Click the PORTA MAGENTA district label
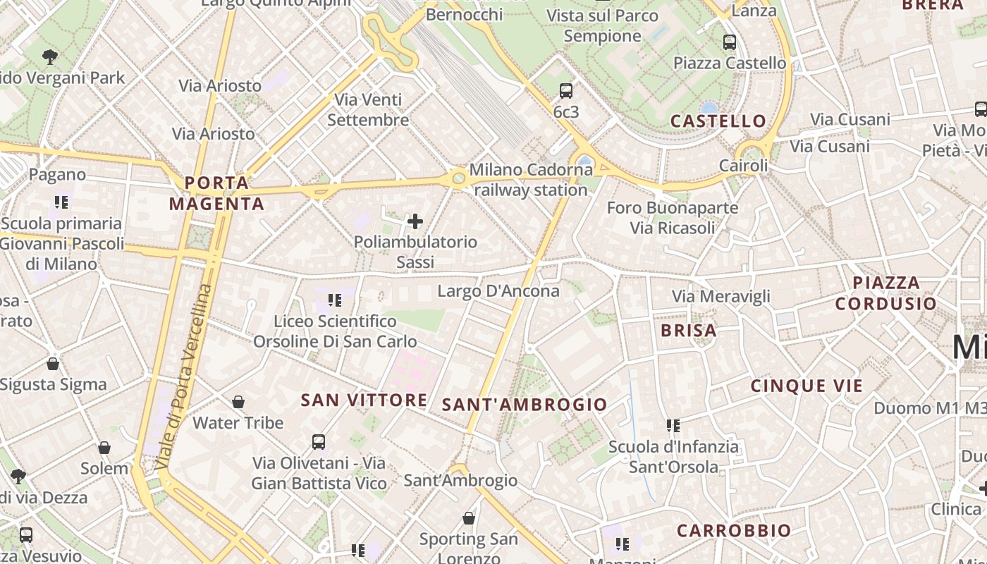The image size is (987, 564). coord(216,194)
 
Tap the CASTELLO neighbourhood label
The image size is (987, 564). coord(718,121)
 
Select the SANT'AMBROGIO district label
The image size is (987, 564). coord(524,405)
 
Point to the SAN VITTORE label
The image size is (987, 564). coord(364,400)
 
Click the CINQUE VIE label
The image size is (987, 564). coord(807,386)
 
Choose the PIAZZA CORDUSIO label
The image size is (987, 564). coord(885,293)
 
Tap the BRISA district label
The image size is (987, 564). coord(688,331)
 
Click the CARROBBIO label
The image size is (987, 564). coord(734,531)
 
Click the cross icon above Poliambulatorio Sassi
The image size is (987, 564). coord(415,222)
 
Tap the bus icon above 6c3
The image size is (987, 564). coord(565,91)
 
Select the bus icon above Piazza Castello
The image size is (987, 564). coord(729,42)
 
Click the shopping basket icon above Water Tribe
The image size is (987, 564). coord(238,402)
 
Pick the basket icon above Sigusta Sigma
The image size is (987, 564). coord(53,364)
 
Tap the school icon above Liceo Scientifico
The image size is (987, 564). coord(335,300)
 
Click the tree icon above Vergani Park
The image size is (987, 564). coord(49,56)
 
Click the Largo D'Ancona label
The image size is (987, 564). coord(498,291)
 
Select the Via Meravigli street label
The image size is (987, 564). coord(721,297)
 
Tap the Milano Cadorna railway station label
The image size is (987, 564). coord(531,180)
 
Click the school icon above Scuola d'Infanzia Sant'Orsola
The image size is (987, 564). coord(673,426)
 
